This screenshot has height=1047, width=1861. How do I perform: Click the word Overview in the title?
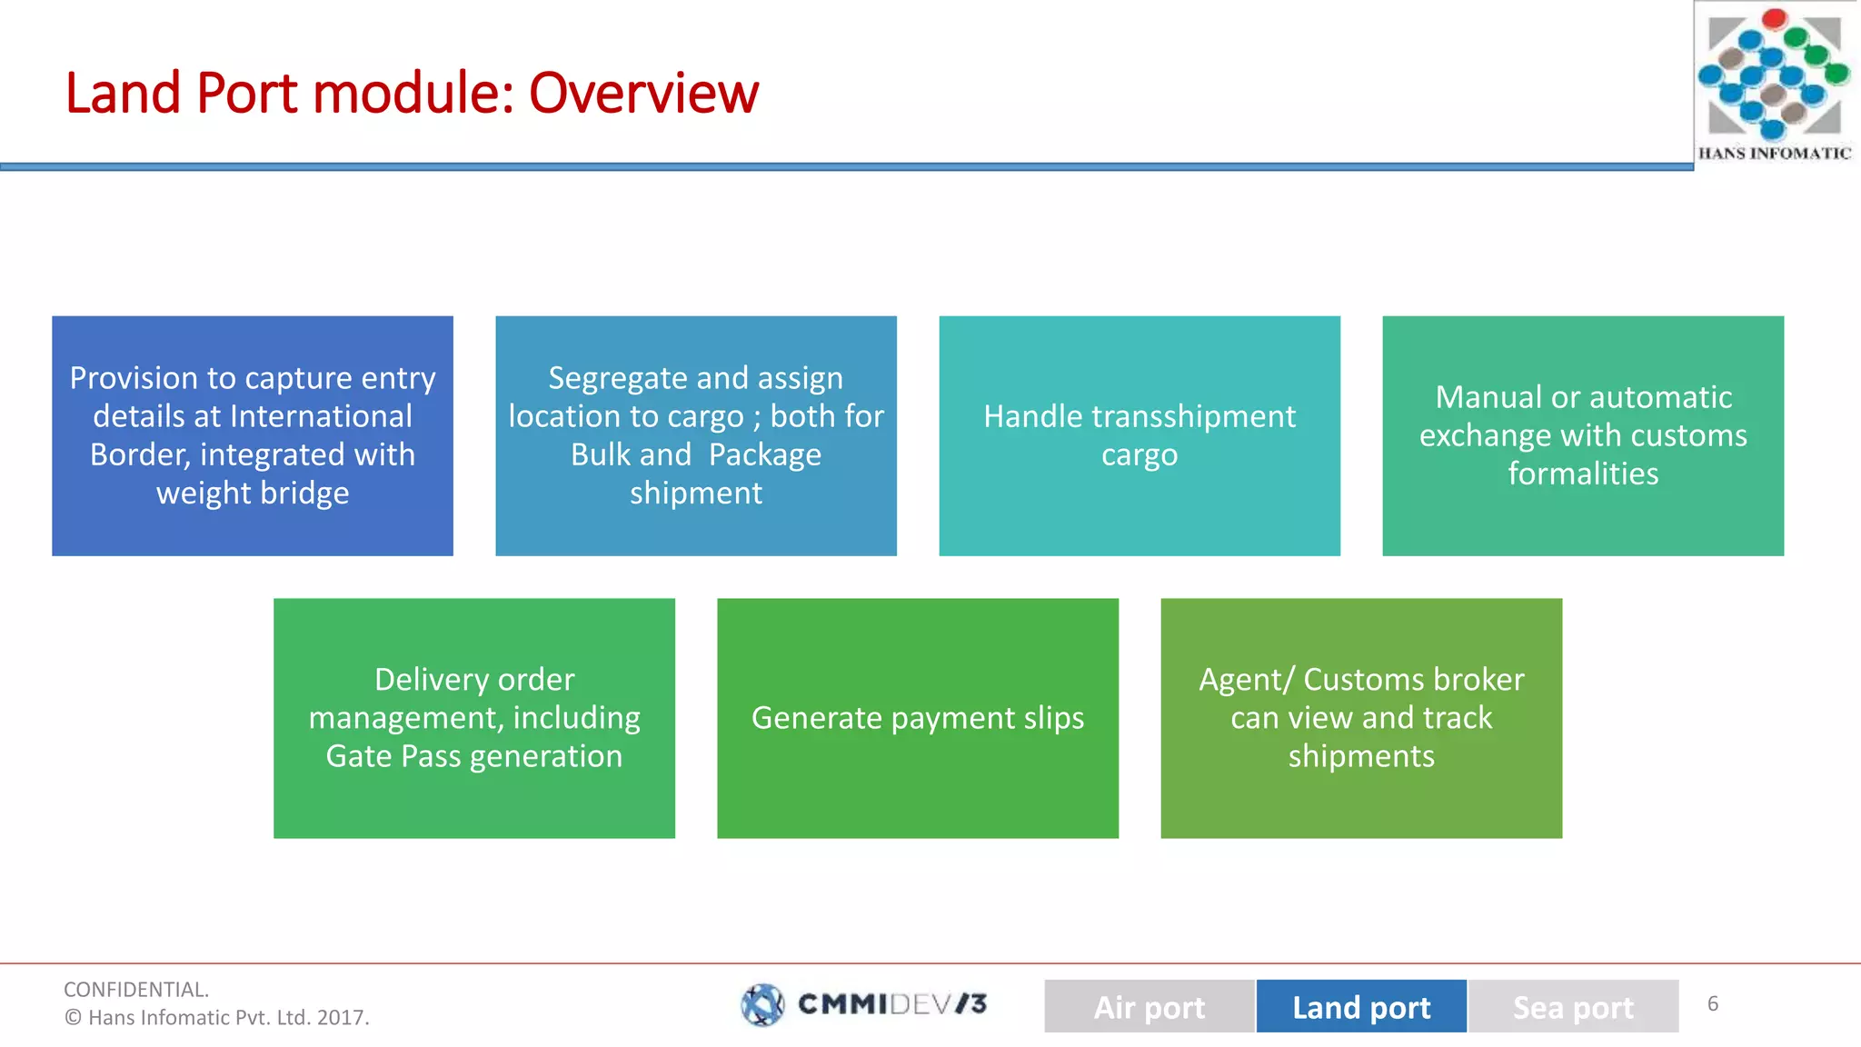(x=642, y=93)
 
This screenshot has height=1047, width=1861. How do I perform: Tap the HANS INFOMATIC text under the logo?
(x=1774, y=154)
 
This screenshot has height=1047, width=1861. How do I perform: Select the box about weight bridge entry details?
(x=253, y=435)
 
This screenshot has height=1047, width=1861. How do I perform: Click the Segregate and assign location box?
(x=695, y=435)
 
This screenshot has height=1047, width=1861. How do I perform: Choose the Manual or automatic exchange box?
(x=1582, y=435)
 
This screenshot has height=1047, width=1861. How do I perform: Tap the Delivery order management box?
(x=473, y=717)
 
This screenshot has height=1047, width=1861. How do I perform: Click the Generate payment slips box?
(x=917, y=717)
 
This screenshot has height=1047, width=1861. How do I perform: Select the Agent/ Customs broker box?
(x=1360, y=717)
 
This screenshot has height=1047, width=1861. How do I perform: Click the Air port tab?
(x=1149, y=1006)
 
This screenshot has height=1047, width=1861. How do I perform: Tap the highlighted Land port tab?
(x=1360, y=1006)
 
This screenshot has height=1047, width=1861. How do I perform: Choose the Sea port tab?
(x=1572, y=1006)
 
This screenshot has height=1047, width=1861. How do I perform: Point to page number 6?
(x=1712, y=1003)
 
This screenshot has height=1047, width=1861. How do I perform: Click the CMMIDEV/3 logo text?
(x=891, y=1003)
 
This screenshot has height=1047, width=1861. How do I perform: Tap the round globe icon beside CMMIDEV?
(x=761, y=1004)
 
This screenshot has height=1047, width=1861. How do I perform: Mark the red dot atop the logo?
(x=1774, y=18)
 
